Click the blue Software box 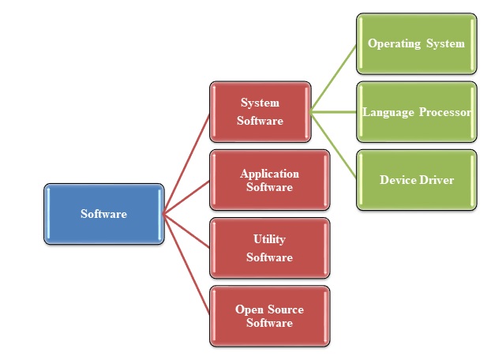point(103,214)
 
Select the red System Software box point(259,111)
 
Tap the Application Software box point(269,180)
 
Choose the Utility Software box point(269,248)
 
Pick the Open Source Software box point(269,316)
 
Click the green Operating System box point(416,43)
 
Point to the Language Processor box point(416,111)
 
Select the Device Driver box point(416,179)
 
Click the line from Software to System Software point(186,163)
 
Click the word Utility point(269,239)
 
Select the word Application point(269,174)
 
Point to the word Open point(249,309)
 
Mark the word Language point(387,112)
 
